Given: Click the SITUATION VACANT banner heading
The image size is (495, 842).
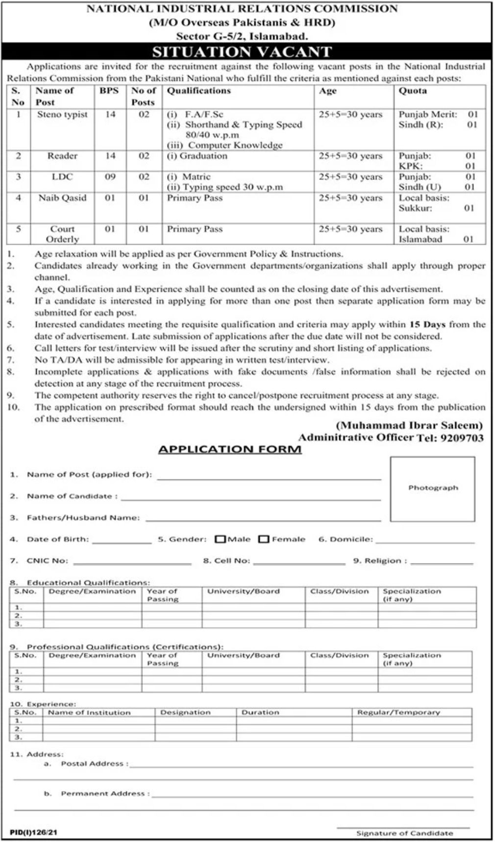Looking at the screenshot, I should tap(242, 51).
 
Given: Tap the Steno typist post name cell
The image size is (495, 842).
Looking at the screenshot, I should tap(62, 114).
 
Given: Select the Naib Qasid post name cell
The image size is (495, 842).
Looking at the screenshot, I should tap(62, 198).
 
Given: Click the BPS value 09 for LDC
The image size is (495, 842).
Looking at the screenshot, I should tap(110, 177).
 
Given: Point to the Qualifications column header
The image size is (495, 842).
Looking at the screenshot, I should tap(198, 91).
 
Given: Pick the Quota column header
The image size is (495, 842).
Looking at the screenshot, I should tap(412, 91).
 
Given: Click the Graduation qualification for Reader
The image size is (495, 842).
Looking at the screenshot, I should tap(197, 156).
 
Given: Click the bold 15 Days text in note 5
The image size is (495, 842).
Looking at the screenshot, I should tap(426, 324).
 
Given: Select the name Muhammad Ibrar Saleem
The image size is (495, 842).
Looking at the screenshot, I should tap(409, 425).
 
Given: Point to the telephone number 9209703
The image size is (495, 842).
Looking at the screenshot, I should tap(463, 438).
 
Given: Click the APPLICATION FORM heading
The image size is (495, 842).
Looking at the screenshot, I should tap(230, 449).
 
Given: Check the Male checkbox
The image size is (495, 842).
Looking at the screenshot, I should tap(221, 539).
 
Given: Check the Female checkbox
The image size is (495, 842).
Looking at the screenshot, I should tap(264, 539).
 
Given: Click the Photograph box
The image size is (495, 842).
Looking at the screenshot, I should tap(433, 488).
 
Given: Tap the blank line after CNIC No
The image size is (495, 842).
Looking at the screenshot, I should tap(132, 562).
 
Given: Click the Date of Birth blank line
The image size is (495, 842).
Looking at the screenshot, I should tap(122, 540).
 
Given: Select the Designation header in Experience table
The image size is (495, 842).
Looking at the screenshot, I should tap(185, 712).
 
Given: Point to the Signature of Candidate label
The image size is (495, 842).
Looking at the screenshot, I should tap(404, 833).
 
